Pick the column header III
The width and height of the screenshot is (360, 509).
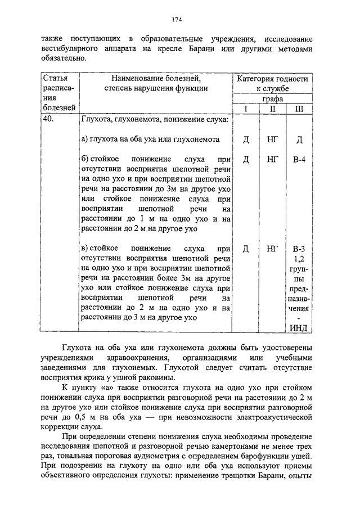299,109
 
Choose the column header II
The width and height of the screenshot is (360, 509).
272,109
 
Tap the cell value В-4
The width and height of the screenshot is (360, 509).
299,160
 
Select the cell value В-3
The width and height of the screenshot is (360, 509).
299,248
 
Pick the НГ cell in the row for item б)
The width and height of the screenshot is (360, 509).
272,160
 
